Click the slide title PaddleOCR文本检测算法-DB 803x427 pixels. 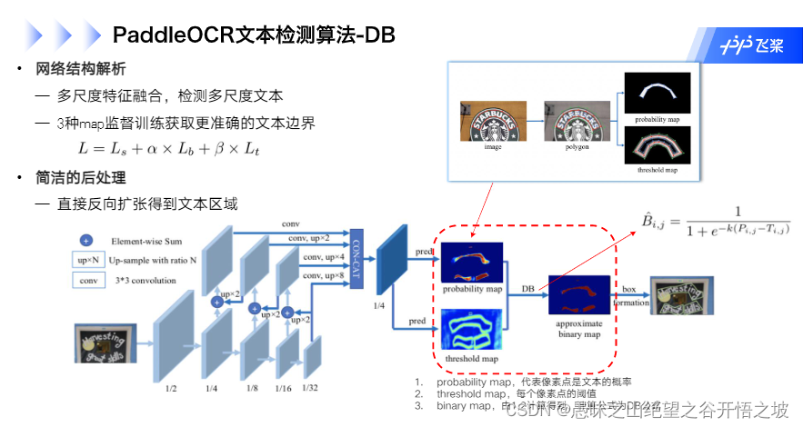click(x=254, y=35)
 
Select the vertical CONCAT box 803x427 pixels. click(x=356, y=255)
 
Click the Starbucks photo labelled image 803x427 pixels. click(x=493, y=121)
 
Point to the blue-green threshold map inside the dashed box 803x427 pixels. click(x=472, y=330)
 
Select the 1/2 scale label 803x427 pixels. click(x=171, y=387)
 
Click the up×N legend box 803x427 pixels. click(x=88, y=261)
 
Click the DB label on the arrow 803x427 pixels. click(x=527, y=288)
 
